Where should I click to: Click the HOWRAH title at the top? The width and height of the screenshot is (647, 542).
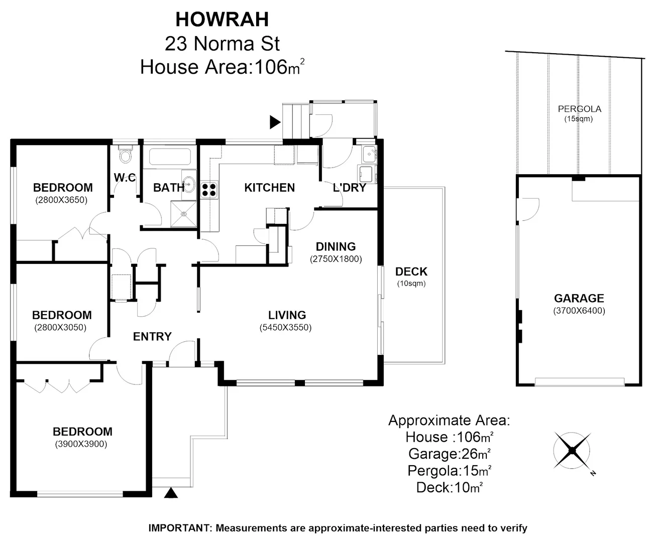pyautogui.click(x=222, y=19)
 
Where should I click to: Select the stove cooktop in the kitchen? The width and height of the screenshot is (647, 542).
pyautogui.click(x=209, y=189)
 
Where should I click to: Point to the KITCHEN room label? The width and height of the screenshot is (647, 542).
pyautogui.click(x=269, y=188)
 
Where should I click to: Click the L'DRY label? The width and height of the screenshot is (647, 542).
pyautogui.click(x=349, y=188)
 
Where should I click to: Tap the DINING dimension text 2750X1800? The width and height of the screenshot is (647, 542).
pyautogui.click(x=336, y=259)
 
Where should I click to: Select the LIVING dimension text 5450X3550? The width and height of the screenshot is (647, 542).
pyautogui.click(x=285, y=328)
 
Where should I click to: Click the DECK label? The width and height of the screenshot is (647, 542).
pyautogui.click(x=411, y=272)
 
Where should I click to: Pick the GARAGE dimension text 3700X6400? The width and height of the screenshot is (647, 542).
pyautogui.click(x=579, y=311)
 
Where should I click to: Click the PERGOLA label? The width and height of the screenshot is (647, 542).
pyautogui.click(x=579, y=109)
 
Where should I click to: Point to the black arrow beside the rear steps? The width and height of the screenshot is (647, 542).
pyautogui.click(x=275, y=122)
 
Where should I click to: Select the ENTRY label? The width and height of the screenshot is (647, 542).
pyautogui.click(x=152, y=336)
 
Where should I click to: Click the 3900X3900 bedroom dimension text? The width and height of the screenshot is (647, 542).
pyautogui.click(x=81, y=444)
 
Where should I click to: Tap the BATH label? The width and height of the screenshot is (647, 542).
pyautogui.click(x=168, y=188)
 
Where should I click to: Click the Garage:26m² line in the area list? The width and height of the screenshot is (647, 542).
pyautogui.click(x=449, y=454)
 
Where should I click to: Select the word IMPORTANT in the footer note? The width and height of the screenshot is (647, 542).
pyautogui.click(x=179, y=528)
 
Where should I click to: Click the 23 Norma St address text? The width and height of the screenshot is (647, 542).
pyautogui.click(x=222, y=44)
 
